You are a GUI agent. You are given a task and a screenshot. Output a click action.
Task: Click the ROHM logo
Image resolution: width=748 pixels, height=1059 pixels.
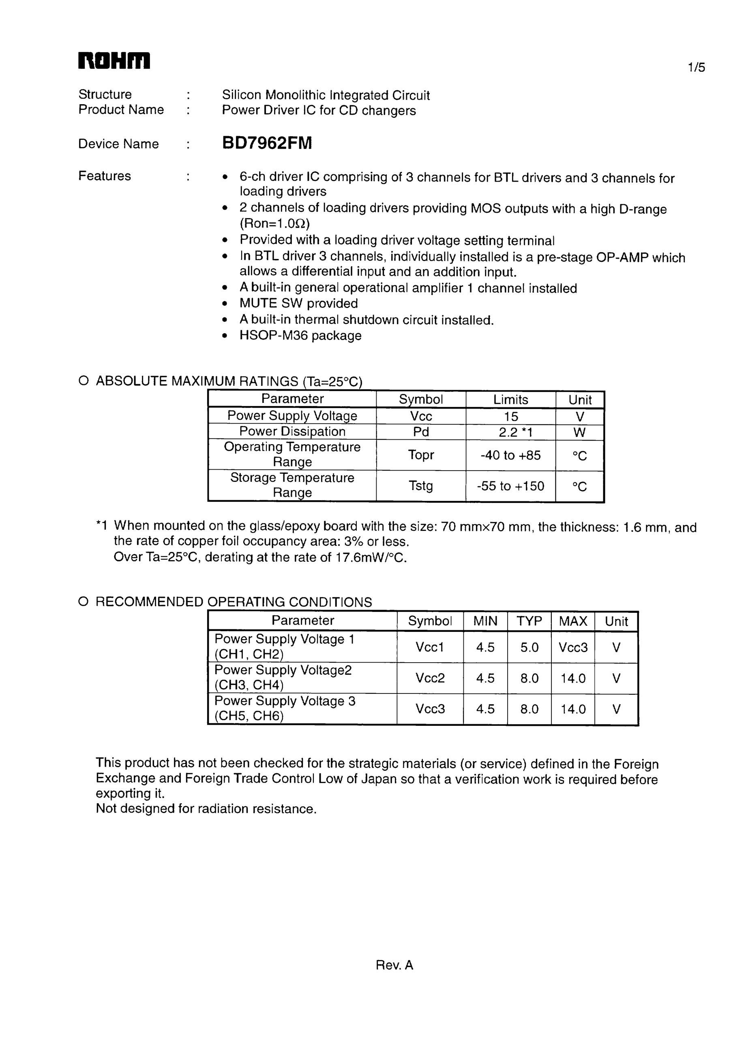pyautogui.click(x=114, y=60)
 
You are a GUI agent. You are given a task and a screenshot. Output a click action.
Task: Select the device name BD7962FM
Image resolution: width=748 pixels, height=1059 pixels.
pyautogui.click(x=267, y=143)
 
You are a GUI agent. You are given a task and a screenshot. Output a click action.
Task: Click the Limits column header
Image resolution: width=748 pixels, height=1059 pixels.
pyautogui.click(x=510, y=400)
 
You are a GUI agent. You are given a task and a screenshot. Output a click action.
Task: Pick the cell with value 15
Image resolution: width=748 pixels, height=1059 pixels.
pyautogui.click(x=511, y=417)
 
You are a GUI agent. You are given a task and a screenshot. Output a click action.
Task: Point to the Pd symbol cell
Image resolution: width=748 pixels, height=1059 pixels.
pyautogui.click(x=421, y=432)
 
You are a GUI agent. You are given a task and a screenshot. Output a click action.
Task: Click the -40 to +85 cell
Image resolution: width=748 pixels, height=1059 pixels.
pyautogui.click(x=510, y=455)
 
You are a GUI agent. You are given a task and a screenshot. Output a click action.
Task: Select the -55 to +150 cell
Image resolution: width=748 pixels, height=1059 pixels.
pyautogui.click(x=510, y=486)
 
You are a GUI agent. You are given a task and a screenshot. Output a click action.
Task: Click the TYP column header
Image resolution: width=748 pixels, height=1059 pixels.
pyautogui.click(x=529, y=621)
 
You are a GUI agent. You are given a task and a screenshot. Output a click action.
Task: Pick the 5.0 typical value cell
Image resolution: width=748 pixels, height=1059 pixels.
pyautogui.click(x=529, y=647)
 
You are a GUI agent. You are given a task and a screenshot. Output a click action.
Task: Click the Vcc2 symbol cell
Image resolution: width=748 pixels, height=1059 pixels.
pyautogui.click(x=430, y=678)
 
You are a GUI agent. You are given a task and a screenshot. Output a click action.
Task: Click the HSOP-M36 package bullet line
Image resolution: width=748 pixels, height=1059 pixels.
pyautogui.click(x=300, y=335)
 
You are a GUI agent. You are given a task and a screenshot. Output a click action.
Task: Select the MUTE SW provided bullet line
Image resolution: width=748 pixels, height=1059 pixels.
pyautogui.click(x=298, y=304)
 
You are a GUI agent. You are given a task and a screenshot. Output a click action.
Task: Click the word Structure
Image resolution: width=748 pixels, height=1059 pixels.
pyautogui.click(x=105, y=94)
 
